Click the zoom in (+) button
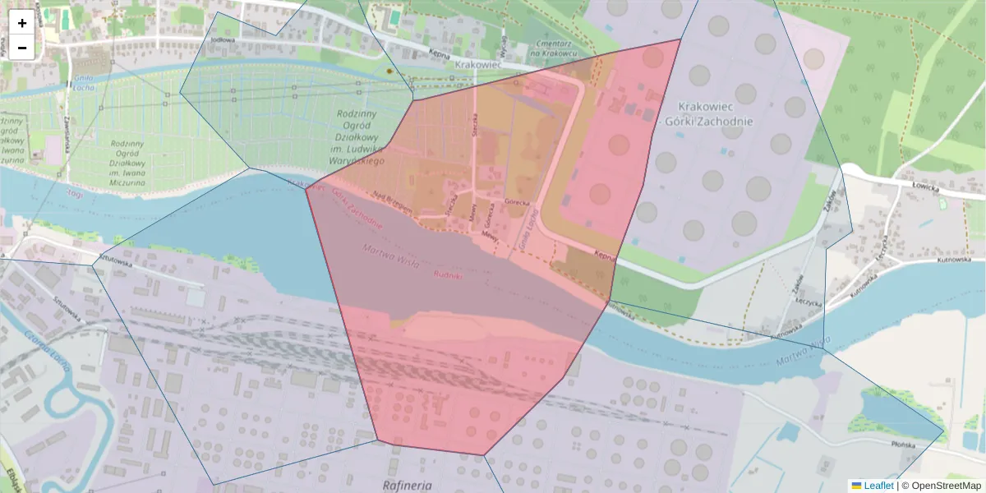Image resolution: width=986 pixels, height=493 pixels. pyautogui.click(x=22, y=23)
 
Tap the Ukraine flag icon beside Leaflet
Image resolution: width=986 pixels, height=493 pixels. pyautogui.click(x=856, y=486)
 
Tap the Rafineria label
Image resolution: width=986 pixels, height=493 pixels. pyautogui.click(x=408, y=485)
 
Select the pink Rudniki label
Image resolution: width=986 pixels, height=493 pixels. pyautogui.click(x=448, y=276)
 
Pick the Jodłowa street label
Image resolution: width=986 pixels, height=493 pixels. pyautogui.click(x=223, y=39)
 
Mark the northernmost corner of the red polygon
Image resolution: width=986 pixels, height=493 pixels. pyautogui.click(x=681, y=39)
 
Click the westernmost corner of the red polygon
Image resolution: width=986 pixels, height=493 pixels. pyautogui.click(x=306, y=189)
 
